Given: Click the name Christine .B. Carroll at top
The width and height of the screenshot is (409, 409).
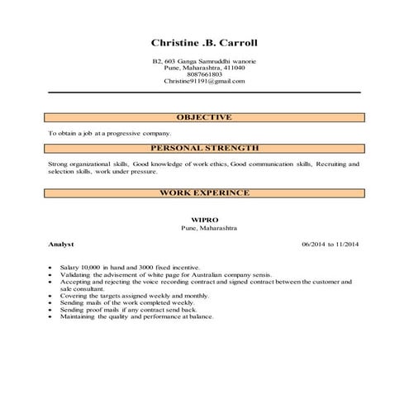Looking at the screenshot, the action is pos(204,42).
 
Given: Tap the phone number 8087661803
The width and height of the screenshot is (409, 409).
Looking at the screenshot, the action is pos(204,74).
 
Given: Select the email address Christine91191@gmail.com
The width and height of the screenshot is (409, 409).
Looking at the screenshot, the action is pos(204,81).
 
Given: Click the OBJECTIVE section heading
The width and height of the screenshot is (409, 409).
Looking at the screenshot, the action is pos(204,117).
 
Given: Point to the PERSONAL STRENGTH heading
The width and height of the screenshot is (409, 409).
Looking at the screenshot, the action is pos(204,148).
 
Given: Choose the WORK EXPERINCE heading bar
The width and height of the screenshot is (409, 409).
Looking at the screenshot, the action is pos(204,193).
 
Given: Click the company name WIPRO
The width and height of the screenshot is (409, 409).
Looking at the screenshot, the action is pos(204,221).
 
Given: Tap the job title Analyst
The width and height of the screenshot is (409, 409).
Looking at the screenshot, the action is pos(61,245).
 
